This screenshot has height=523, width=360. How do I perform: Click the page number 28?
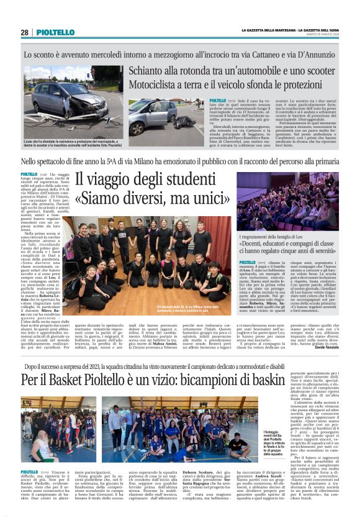tap(24, 32)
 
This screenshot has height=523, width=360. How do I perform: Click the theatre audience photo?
tap(287, 202)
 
